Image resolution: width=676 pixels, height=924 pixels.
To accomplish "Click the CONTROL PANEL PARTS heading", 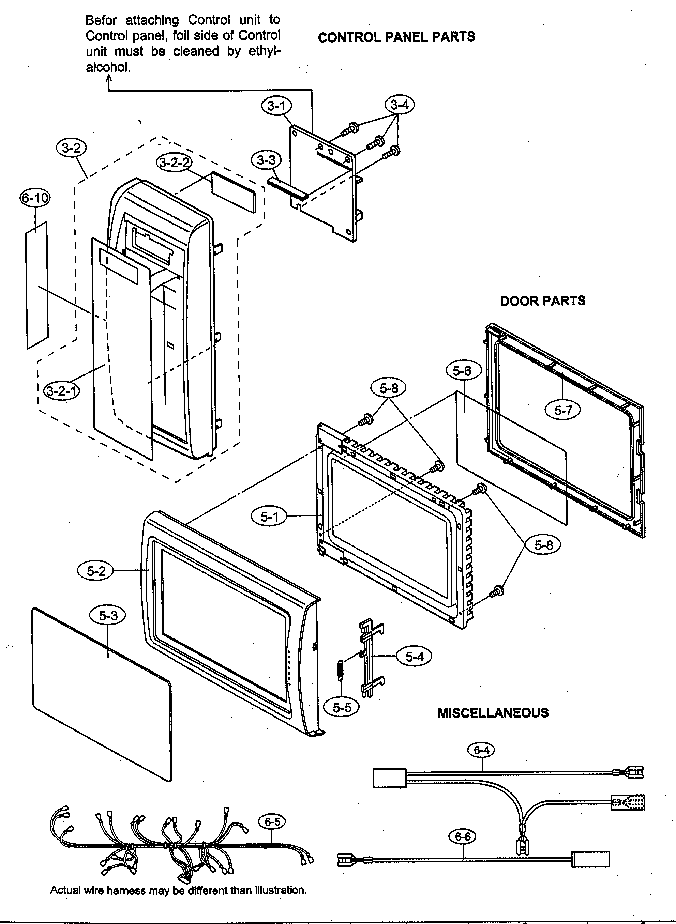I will [396, 37].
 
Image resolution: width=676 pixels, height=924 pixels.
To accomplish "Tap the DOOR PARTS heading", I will [543, 301].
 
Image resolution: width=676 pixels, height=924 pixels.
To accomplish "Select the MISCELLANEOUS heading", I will [493, 713].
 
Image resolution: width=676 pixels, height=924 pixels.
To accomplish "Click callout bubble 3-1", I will [276, 106].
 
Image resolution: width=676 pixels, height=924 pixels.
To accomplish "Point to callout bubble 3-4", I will [400, 105].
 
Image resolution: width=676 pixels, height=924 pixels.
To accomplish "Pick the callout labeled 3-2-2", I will [174, 163].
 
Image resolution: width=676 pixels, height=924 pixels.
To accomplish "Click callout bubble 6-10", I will [35, 198].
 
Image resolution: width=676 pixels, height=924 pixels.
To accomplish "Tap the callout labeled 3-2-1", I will [62, 391].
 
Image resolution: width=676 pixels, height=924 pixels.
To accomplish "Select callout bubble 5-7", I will [562, 410].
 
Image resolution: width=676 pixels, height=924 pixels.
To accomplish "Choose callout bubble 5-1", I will [269, 517].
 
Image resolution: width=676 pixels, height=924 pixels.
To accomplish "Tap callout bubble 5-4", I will [414, 657].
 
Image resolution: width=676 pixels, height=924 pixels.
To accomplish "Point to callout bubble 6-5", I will [272, 822].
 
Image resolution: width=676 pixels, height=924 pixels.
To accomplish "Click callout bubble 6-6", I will [462, 836].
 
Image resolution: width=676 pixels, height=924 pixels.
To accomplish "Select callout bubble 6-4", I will [481, 750].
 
